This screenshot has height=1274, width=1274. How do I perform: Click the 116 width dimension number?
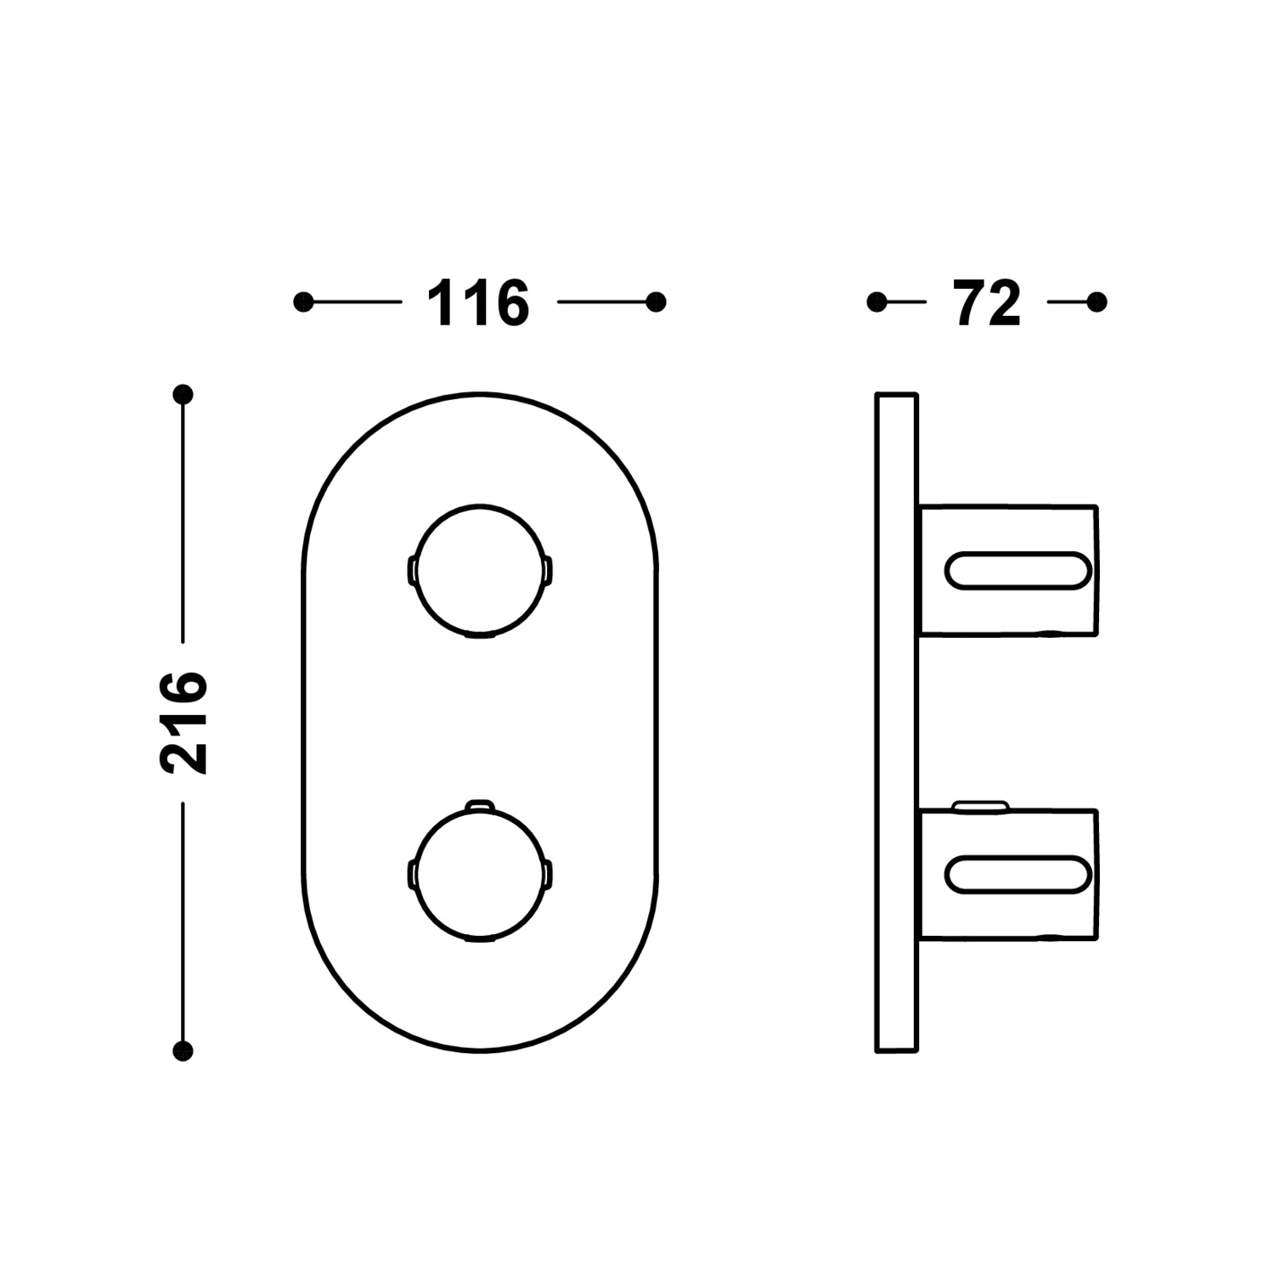pos(478,303)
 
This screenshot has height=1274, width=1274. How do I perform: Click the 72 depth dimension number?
pos(987,303)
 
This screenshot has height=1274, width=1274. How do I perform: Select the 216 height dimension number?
pos(183,722)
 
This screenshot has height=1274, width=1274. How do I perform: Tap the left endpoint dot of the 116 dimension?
pos(303,302)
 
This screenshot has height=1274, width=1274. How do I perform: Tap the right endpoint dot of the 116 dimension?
pos(656,302)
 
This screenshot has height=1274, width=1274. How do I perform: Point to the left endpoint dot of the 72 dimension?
pos(877,302)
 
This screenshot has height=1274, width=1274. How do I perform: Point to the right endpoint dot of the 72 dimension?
pos(1097,302)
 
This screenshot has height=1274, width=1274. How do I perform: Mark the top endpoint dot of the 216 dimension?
pos(183,394)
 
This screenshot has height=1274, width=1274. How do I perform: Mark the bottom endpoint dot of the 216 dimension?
pos(183,1051)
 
